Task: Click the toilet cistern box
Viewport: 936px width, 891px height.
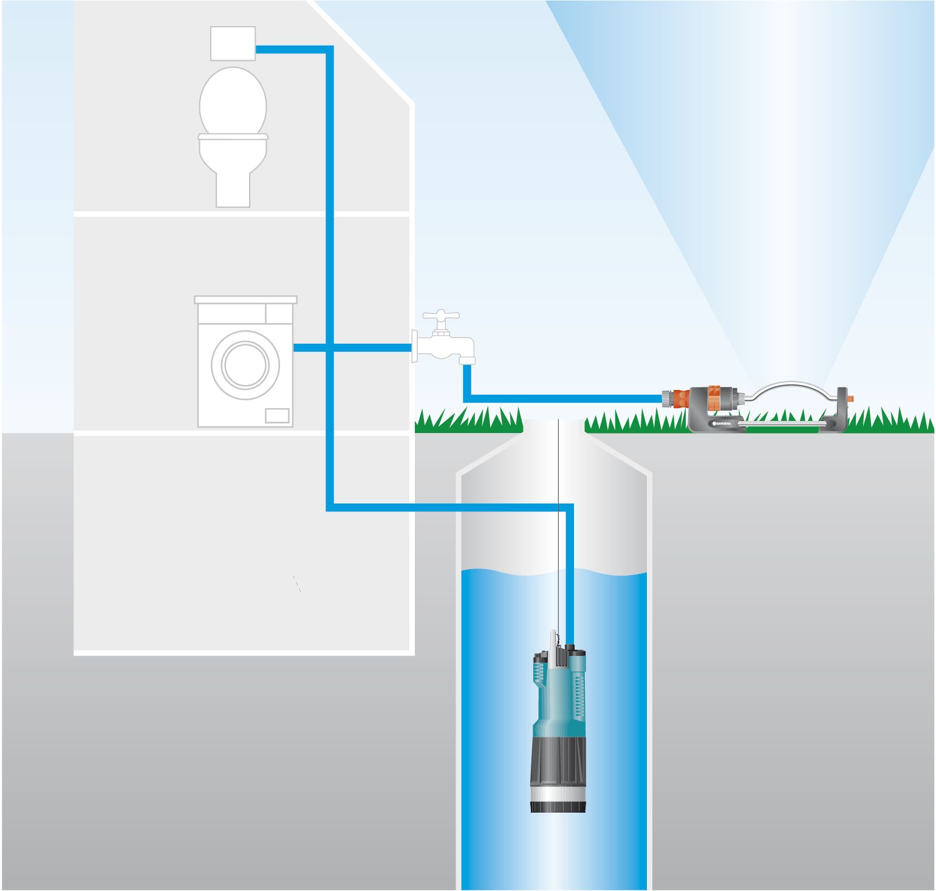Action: coord(233,43)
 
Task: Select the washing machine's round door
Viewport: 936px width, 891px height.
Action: coord(245,364)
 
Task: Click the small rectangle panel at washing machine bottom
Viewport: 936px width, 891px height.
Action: coord(277,415)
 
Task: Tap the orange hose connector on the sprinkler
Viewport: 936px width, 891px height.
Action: coord(678,398)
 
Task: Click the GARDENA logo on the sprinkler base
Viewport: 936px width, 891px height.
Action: coord(726,422)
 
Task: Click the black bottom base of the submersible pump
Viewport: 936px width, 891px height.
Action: coord(558,806)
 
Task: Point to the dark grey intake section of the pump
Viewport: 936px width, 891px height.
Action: coord(558,759)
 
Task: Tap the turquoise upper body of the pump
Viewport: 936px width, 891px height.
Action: coord(558,692)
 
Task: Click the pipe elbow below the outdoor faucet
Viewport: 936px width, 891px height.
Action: coord(467,398)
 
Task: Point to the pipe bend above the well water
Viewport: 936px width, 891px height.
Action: coord(569,508)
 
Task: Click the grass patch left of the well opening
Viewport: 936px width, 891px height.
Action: coord(468,420)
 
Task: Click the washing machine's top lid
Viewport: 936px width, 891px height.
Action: coord(245,299)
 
